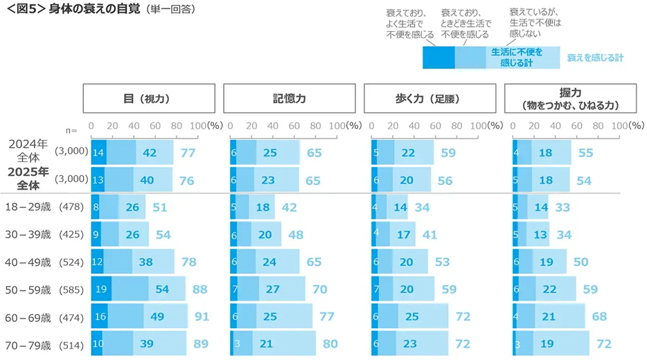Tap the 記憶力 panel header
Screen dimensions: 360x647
click(289, 98)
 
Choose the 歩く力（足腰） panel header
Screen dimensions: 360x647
click(429, 98)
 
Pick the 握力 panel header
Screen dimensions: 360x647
click(570, 98)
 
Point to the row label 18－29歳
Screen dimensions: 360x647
click(28, 206)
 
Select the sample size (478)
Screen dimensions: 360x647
click(72, 206)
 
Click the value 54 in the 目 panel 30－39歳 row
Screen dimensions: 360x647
click(163, 235)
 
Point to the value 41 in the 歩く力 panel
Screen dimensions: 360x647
click(429, 235)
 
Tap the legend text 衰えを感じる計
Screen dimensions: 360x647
click(595, 58)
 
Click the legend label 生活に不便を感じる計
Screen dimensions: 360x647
click(517, 57)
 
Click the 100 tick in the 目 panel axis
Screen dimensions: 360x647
click(197, 127)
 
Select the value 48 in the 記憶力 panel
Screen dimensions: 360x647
click(296, 235)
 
